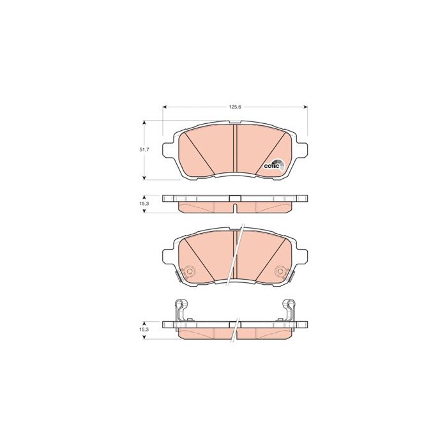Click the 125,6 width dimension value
235,107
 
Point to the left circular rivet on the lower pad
188,271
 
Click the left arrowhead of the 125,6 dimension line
165,107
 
